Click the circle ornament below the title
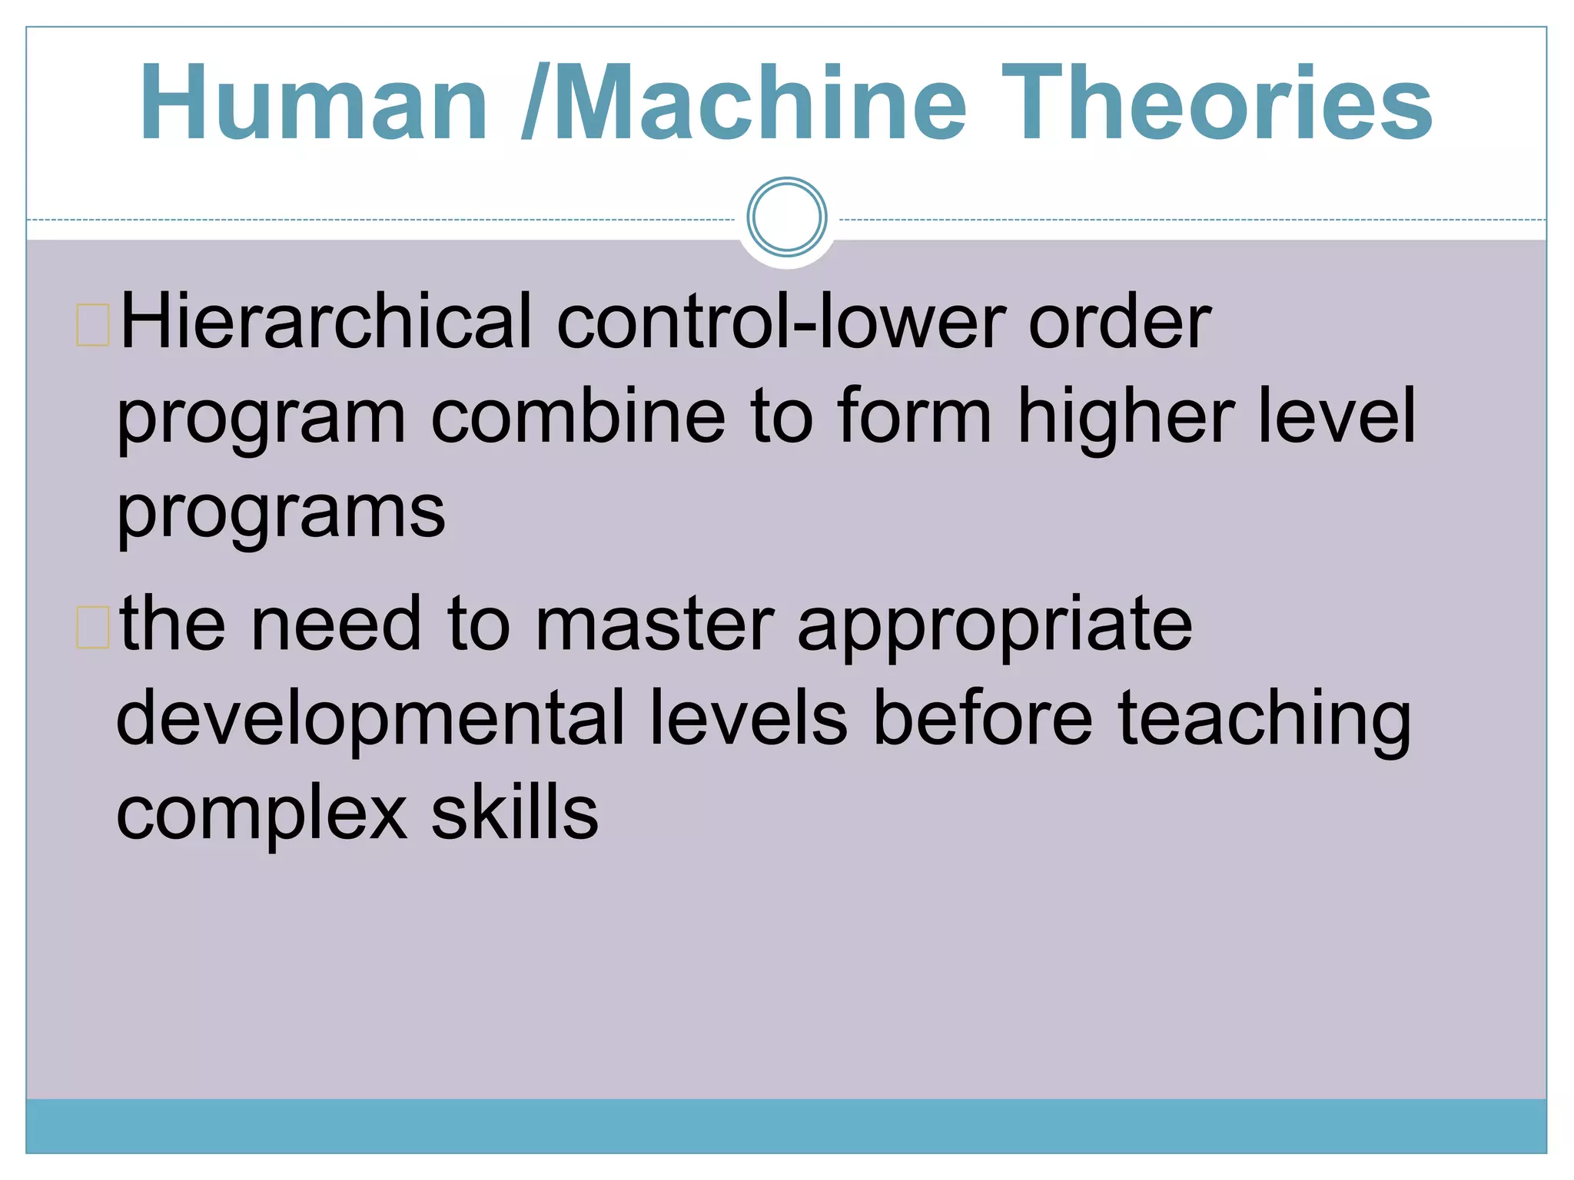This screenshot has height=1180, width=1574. pos(786,217)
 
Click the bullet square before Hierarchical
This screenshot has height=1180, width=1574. pos(93,325)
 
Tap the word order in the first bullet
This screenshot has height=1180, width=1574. pos(1119,323)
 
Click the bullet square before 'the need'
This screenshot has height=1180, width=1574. pos(93,627)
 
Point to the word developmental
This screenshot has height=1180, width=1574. pos(370,719)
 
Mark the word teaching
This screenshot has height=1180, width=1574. pos(1264,719)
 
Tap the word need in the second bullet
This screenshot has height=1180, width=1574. pos(336,624)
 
